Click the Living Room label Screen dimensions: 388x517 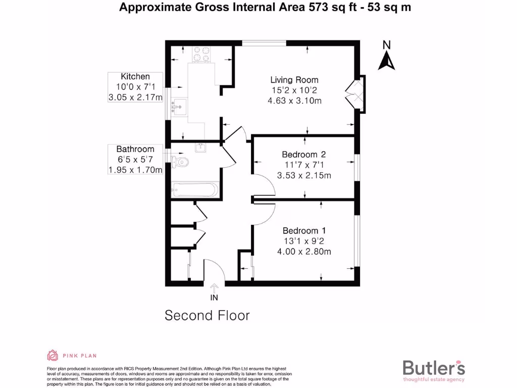point(294,80)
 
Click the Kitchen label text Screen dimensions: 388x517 point(135,77)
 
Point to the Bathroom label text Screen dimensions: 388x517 point(135,149)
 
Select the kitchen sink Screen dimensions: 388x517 point(177,107)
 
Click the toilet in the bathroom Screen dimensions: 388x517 point(180,162)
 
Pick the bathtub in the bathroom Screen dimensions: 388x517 point(194,190)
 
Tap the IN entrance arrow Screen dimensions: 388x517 point(214,288)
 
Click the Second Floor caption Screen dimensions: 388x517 point(207,316)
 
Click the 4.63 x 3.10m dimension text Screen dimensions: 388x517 point(294,101)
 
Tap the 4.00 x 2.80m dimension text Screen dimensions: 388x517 point(303,252)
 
